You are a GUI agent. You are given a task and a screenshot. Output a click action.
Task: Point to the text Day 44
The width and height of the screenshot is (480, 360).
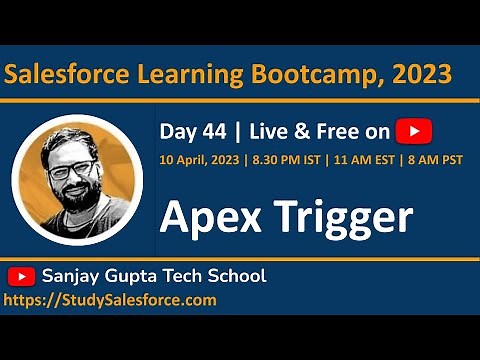[x=188, y=131]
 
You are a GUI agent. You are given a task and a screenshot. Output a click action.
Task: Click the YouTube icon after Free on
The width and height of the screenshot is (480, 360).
[x=414, y=131]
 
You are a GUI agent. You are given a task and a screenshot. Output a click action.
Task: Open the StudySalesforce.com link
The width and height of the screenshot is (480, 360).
[x=110, y=299]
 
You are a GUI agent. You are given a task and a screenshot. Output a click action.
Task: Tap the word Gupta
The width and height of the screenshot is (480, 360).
[x=141, y=276]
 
